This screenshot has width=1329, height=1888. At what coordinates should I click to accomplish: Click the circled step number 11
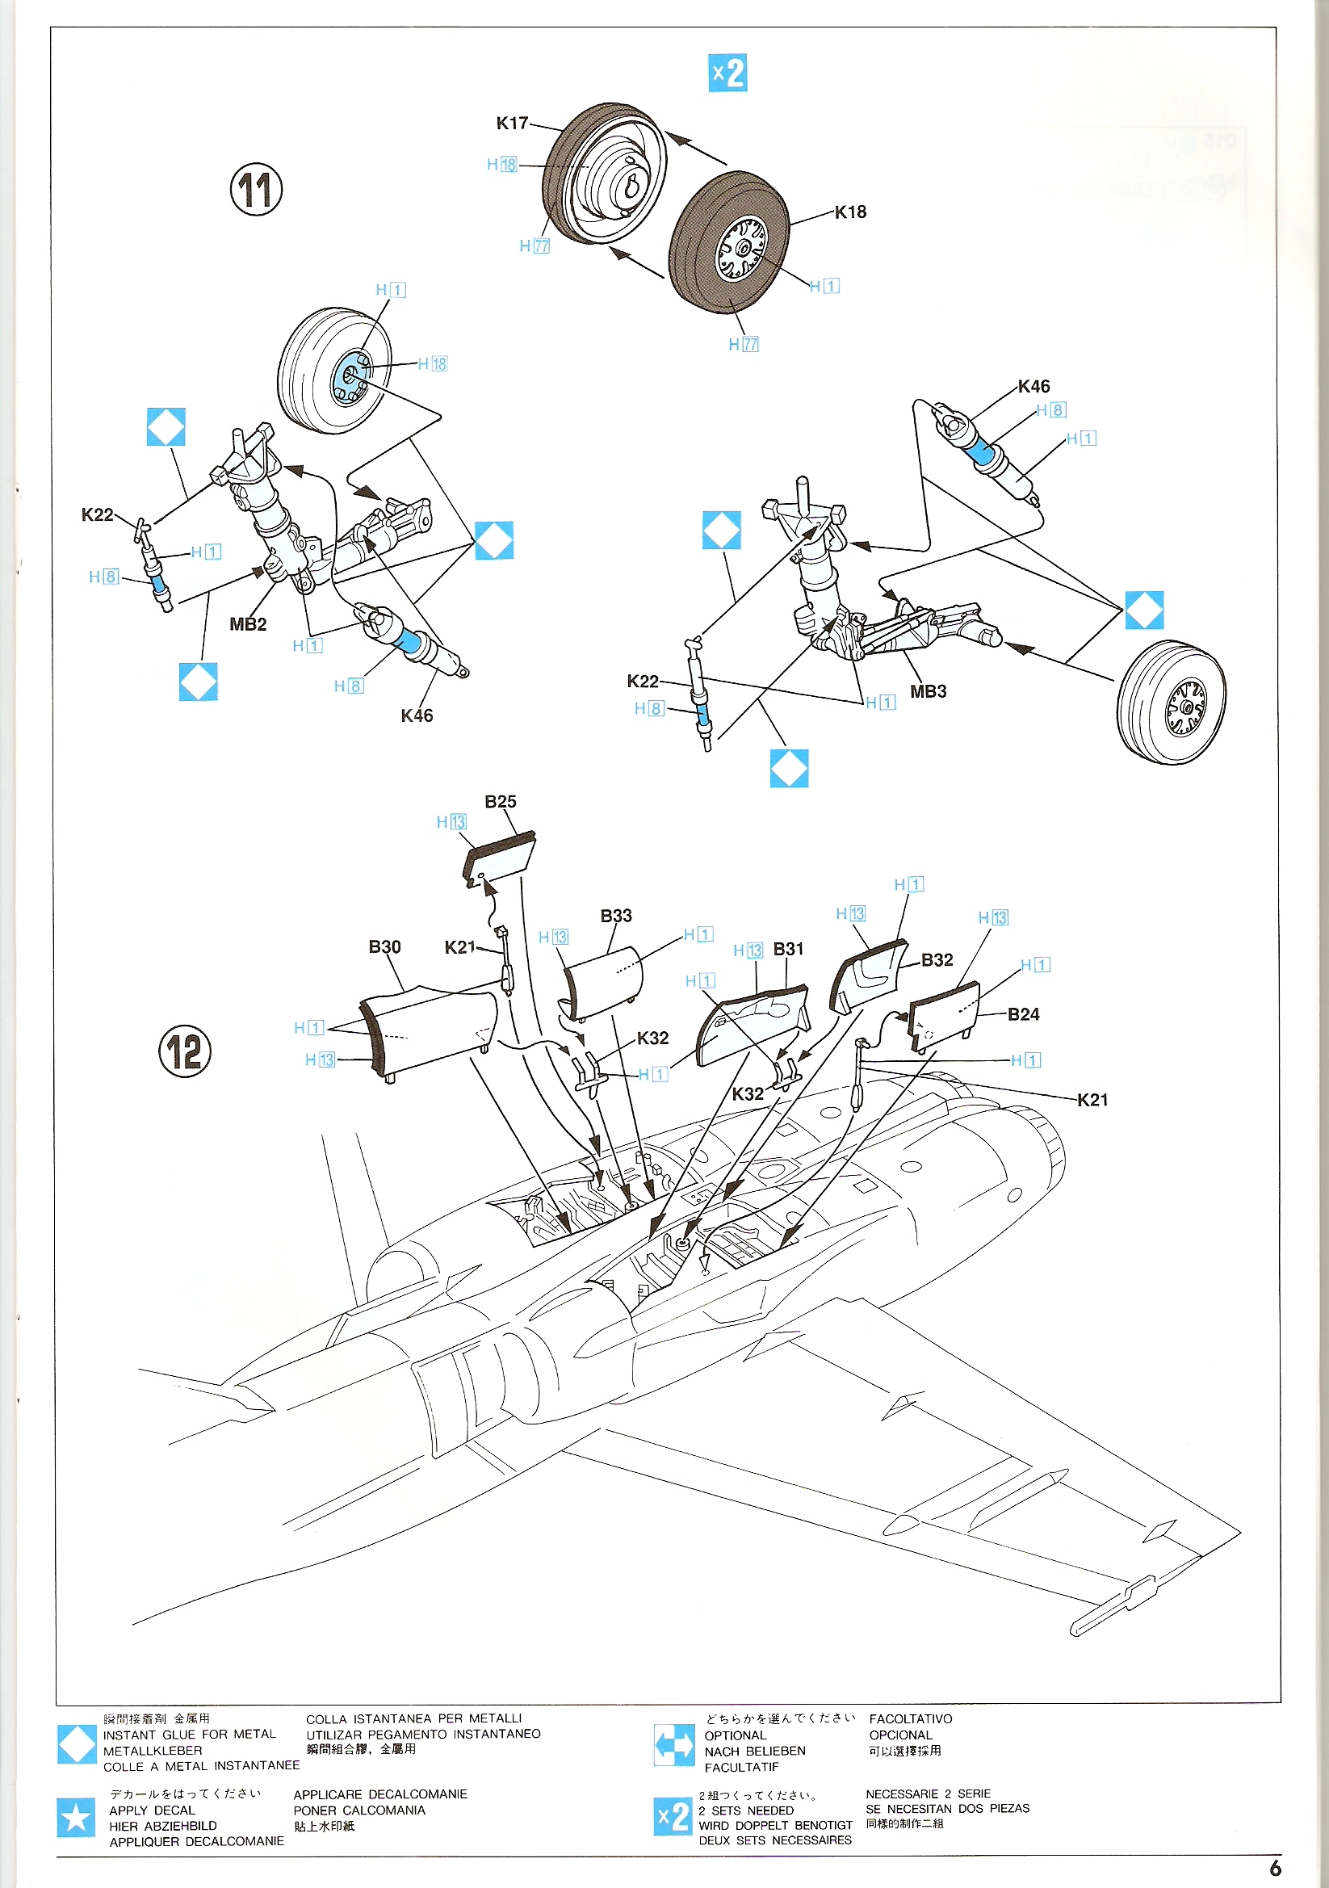pos(256,189)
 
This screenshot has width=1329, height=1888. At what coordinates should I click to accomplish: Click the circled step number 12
pos(184,1051)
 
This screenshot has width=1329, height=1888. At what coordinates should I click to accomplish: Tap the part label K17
pos(512,124)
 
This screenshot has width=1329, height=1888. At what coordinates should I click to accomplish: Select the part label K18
pos(850,212)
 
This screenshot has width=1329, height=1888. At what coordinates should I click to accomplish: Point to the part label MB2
pos(248,624)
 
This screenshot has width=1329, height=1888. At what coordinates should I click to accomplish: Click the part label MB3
pos(928,691)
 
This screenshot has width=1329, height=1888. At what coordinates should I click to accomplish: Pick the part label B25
pos(500,802)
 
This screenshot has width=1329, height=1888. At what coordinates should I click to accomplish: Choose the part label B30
pos(384,947)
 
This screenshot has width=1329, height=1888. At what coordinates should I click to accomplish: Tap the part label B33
pos(616,916)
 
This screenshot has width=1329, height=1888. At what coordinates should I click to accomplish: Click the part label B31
pos(788,949)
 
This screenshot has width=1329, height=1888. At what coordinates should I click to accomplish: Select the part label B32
pos(937,959)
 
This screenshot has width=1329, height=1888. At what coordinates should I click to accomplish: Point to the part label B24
pos(1023,1015)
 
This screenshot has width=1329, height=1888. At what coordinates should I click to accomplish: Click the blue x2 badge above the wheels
pos(727,73)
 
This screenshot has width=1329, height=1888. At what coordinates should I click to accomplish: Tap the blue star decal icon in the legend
pos(77,1817)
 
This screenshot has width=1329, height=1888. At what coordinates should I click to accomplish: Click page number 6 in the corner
pos(1275,1868)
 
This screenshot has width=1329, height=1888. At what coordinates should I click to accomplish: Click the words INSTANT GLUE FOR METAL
pos(189,1735)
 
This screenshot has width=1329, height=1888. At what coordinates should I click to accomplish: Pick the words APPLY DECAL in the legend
pos(152,1810)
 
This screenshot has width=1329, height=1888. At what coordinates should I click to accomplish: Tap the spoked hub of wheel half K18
pos(743,249)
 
